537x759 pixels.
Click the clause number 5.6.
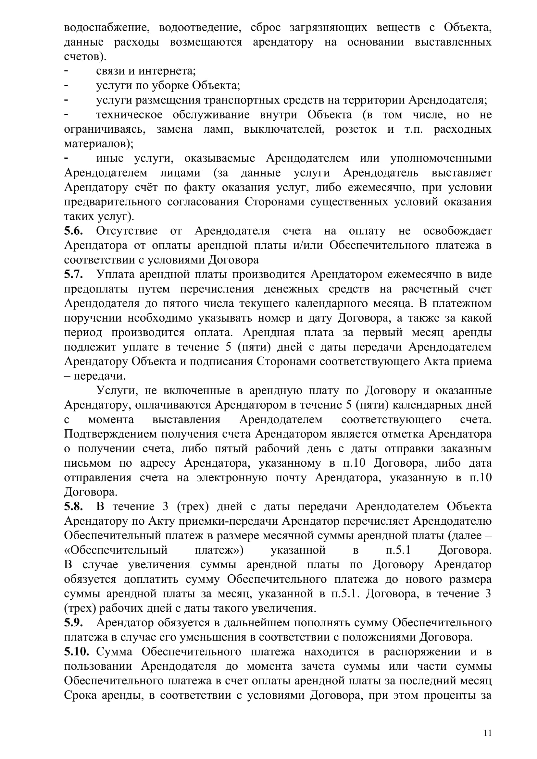pos(73,231)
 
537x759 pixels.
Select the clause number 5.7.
pos(73,275)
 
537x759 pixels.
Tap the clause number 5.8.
pos(73,507)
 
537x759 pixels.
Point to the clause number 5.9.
pos(73,623)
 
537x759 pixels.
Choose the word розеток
pos(356,129)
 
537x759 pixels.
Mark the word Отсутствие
pos(127,231)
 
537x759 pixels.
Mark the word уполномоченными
pos(441,158)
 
